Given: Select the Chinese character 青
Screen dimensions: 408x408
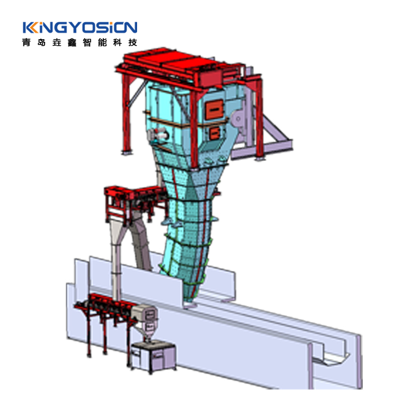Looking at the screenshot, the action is pos(26,42).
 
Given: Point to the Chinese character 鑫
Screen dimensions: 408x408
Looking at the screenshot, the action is pos(72,42).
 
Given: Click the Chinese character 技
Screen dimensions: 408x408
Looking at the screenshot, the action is pos(133,42).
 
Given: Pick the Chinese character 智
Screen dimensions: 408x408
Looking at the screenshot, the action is pos(87,42).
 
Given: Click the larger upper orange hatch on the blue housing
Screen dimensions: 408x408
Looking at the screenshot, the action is pos(214,109).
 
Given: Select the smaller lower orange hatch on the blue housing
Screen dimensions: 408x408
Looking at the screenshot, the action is pos(214,133).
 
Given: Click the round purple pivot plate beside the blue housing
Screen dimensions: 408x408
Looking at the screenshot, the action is pos(238,119).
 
